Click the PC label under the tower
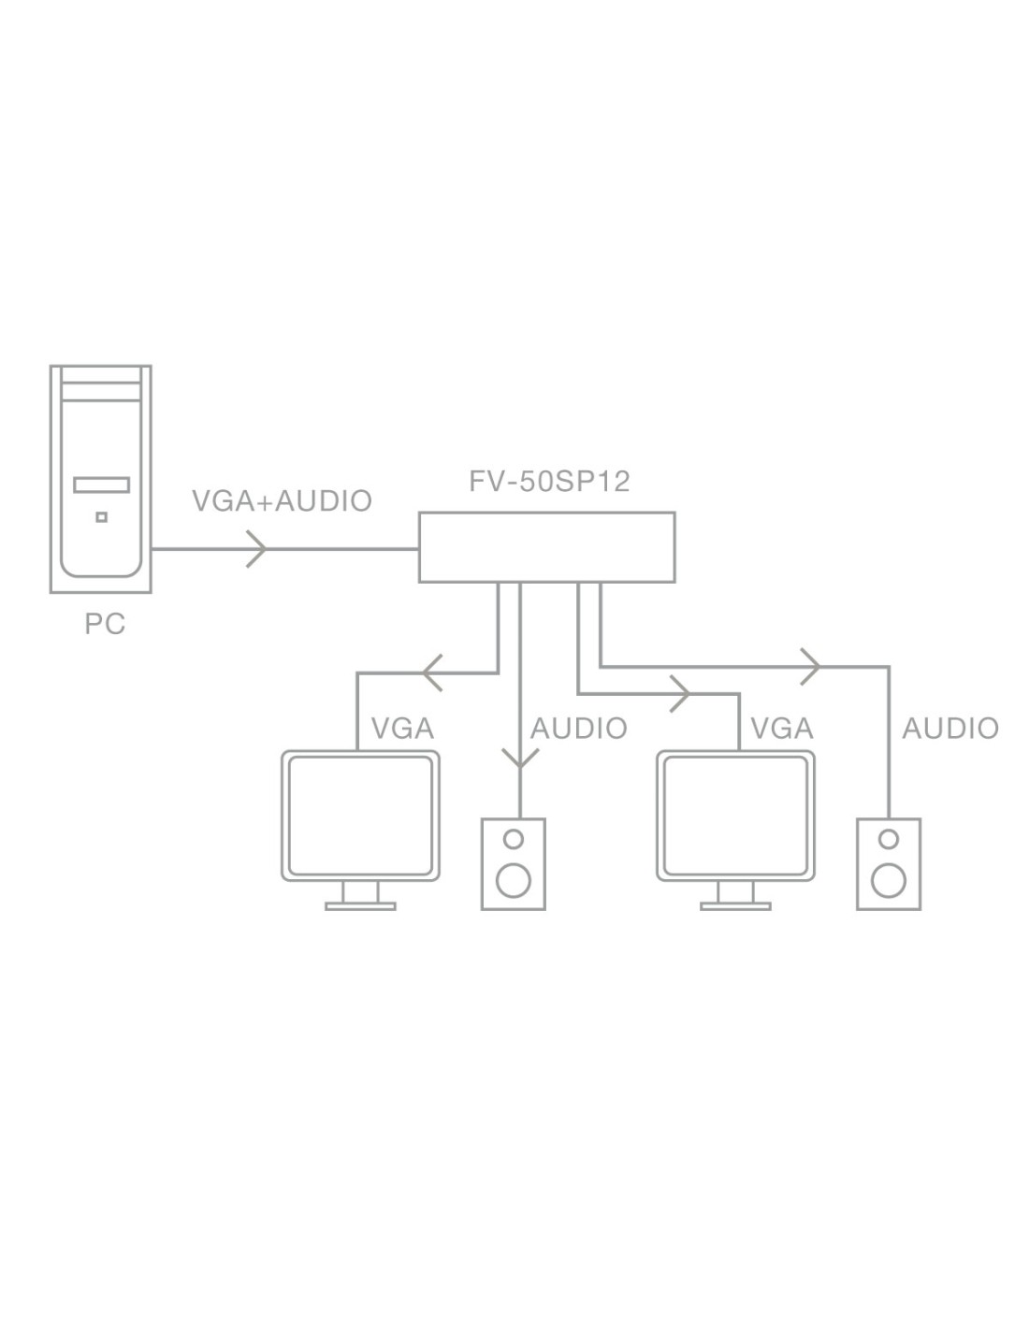[x=105, y=624]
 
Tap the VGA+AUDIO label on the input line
[x=282, y=501]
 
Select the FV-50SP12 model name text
[x=549, y=482]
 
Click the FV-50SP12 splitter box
[x=546, y=547]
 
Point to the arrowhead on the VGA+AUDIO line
[x=257, y=549]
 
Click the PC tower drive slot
[x=100, y=485]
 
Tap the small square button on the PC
[x=101, y=516]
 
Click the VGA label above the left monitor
[x=403, y=729]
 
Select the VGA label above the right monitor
[x=782, y=729]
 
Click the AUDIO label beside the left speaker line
[x=579, y=729]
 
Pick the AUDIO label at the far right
[x=950, y=729]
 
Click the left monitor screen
[x=361, y=813]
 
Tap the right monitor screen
[x=736, y=813]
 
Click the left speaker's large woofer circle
[x=513, y=879]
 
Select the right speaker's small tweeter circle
[x=889, y=838]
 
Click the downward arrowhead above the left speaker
[x=519, y=758]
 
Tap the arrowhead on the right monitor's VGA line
[x=681, y=695]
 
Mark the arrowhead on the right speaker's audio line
[x=812, y=667]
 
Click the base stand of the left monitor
[x=360, y=904]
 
